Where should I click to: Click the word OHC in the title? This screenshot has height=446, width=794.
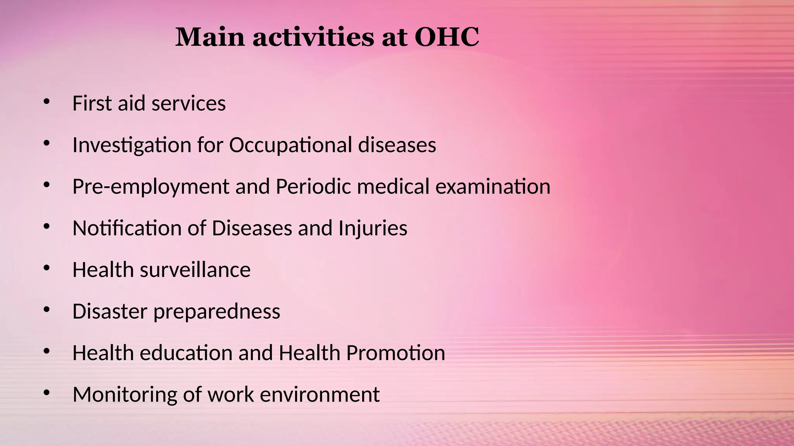[447, 38]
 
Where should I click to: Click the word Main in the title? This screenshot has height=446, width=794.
[210, 38]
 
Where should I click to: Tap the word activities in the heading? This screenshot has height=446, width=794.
[313, 38]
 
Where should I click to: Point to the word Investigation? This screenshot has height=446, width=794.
[132, 146]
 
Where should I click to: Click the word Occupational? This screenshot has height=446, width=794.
[290, 146]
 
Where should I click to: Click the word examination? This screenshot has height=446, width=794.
[493, 186]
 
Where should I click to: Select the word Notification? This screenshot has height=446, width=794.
[127, 228]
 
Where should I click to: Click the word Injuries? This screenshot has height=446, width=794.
[373, 228]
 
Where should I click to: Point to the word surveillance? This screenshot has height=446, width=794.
[195, 269]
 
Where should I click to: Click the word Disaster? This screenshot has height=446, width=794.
[110, 311]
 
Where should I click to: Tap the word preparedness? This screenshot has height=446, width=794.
[217, 312]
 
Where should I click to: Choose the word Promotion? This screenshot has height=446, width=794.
[395, 353]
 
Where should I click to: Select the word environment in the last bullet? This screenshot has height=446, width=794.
[319, 395]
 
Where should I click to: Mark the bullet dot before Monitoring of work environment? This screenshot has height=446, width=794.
[47, 393]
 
